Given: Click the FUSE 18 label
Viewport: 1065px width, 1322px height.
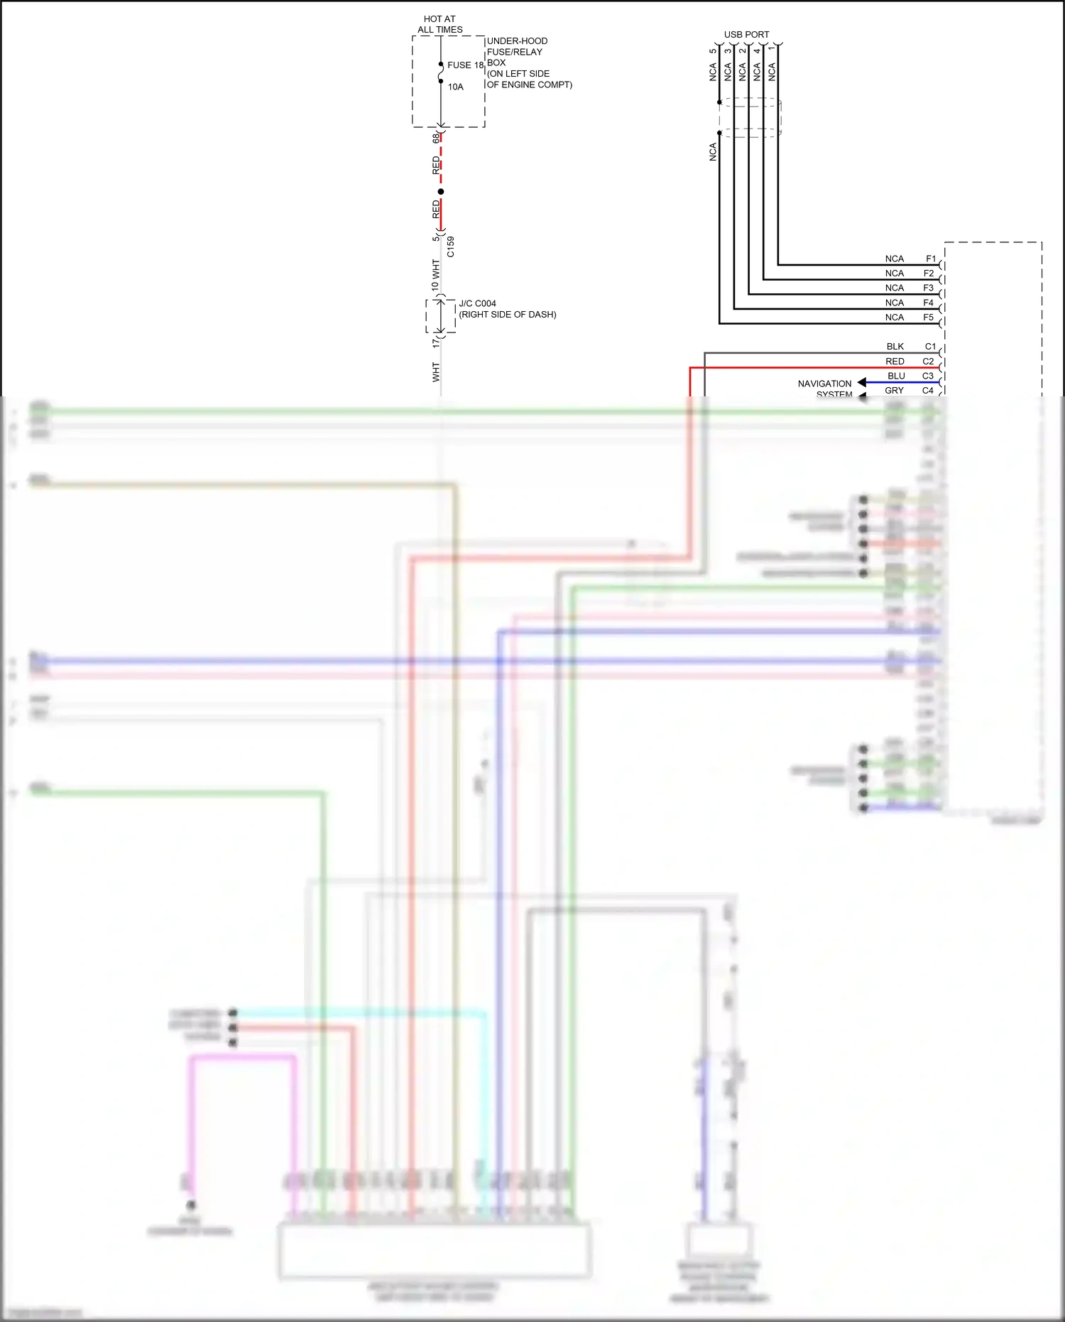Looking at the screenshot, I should [465, 65].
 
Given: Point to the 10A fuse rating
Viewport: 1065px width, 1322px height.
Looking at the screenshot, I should [455, 87].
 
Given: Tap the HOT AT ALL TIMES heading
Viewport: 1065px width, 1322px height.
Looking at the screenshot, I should [440, 25].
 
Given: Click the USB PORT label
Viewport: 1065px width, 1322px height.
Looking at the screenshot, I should [746, 34].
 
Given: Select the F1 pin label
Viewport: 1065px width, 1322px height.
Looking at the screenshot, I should [930, 259].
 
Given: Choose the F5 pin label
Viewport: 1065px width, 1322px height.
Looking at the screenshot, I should [928, 318].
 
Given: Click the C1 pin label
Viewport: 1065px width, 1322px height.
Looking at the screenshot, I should [930, 347].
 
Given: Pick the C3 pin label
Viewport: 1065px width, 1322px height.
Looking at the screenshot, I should [928, 376].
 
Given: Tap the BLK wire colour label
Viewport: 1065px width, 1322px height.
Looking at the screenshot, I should [895, 347].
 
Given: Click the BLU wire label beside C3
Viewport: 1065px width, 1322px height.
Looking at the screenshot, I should [896, 376].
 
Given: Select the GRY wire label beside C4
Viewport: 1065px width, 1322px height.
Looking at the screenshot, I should [894, 391].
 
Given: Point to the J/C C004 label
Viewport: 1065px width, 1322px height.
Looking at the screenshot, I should [477, 303].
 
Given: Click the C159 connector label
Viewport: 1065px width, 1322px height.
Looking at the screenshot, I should [451, 246].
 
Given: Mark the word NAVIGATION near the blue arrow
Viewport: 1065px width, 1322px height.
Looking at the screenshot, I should [824, 384].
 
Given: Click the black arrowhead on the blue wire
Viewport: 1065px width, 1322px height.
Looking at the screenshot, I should [861, 383].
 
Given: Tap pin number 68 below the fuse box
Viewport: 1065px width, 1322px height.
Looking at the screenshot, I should [436, 138].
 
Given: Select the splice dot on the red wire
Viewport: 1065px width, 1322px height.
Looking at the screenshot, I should [441, 192].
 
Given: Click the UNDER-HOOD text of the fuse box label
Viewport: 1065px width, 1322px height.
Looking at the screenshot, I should [517, 41].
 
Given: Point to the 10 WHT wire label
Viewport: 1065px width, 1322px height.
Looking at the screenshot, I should [435, 275].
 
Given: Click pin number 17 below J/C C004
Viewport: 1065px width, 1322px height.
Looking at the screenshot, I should [436, 342].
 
